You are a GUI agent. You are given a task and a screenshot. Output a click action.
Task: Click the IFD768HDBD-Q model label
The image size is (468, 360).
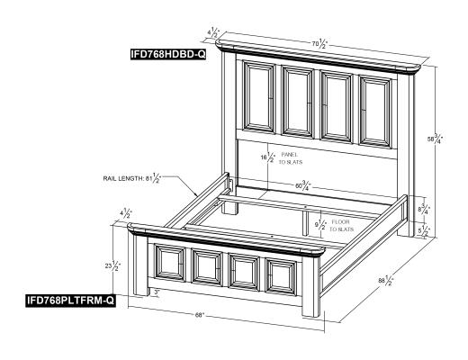click(168, 54)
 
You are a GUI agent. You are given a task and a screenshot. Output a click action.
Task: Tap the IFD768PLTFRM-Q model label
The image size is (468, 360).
click(70, 301)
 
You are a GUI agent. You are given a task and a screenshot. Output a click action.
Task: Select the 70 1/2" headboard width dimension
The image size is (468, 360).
click(319, 44)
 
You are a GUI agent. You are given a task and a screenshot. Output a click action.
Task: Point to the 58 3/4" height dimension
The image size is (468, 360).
click(435, 139)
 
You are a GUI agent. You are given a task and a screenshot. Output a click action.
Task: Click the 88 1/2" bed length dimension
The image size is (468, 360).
click(386, 281)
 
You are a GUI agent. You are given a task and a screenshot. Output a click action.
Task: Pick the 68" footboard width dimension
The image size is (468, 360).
click(200, 315)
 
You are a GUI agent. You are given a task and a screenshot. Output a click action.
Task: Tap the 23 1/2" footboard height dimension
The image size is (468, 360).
click(112, 265)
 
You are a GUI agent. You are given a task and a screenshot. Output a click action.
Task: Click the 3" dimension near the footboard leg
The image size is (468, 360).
click(157, 292)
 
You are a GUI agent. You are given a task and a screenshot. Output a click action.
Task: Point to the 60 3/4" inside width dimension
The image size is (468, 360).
click(302, 185)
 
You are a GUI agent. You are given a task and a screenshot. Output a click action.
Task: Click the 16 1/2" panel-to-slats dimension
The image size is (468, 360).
click(268, 157)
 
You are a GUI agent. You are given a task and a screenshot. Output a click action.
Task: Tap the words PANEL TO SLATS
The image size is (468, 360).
click(291, 158)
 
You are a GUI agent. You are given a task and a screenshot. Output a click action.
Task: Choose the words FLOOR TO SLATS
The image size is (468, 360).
click(341, 226)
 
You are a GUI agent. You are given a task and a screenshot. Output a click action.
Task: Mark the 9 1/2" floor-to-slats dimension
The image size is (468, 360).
click(320, 225)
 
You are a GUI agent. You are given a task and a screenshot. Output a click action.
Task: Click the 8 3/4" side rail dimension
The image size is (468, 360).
click(425, 209)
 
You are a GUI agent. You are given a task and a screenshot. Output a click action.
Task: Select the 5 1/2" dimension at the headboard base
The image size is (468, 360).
click(425, 230)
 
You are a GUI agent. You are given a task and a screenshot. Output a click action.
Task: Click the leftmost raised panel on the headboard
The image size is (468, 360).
click(259, 96)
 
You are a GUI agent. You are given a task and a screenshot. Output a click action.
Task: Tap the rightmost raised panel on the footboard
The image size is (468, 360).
click(281, 276)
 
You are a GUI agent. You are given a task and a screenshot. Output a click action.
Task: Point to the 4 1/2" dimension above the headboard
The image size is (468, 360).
click(213, 32)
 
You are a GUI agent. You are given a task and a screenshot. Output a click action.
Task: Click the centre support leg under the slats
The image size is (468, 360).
click(305, 222)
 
